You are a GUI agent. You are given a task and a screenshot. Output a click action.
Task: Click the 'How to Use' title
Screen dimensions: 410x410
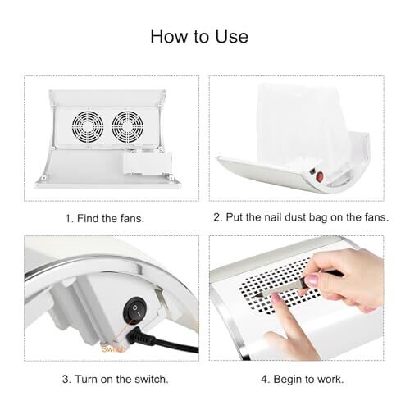point(199,36)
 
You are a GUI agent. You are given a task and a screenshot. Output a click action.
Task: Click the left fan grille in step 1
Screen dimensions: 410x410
point(88,127)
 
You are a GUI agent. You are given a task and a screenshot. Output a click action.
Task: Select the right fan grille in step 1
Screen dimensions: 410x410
point(127,127)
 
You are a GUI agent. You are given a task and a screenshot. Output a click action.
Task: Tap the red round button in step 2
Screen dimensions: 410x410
point(319,177)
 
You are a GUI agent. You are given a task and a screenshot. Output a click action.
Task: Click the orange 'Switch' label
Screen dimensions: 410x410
point(113,349)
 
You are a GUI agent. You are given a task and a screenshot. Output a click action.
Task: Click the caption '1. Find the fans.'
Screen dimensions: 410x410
point(105,219)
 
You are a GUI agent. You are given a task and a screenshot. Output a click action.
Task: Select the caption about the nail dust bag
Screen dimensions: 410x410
point(301,217)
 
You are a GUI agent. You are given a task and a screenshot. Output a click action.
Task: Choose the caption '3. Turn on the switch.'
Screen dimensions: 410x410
point(116,380)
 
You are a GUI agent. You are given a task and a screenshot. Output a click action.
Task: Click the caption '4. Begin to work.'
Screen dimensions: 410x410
point(303,380)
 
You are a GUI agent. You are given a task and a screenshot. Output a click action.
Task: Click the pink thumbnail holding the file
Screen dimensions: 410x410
point(312,280)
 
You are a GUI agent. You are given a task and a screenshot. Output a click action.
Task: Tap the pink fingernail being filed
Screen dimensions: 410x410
point(276,298)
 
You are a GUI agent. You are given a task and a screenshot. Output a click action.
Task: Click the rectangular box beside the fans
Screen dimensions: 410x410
point(147,165)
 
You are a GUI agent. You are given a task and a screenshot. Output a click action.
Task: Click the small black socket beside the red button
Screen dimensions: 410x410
point(312,172)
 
